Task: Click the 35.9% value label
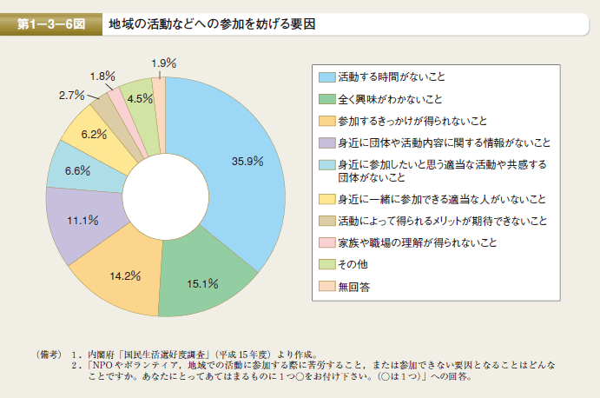[x=247, y=161]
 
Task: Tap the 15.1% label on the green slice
[x=201, y=282]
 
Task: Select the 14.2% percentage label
[x=125, y=276]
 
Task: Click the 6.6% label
[x=77, y=170]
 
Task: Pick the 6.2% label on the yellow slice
[x=94, y=134]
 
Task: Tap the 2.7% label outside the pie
[x=71, y=94]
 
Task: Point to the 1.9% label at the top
[x=163, y=63]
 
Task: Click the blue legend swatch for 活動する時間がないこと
[x=326, y=76]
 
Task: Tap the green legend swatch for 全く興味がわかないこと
[x=326, y=98]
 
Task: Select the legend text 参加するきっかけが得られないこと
[x=412, y=120]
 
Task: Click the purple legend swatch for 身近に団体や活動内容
[x=326, y=142]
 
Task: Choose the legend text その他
[x=351, y=263]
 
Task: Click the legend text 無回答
[x=354, y=286]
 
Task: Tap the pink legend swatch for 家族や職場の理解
[x=326, y=242]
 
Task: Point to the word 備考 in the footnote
[x=49, y=354]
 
